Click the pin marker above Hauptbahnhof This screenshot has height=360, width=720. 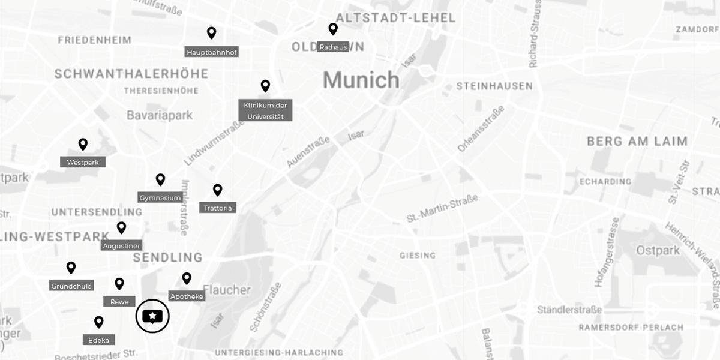[x=211, y=33]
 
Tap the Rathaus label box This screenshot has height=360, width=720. [x=333, y=47]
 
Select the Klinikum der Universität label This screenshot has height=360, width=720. [x=265, y=110]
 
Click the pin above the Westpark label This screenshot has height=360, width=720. [x=83, y=144]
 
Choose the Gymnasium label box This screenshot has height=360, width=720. [x=160, y=197]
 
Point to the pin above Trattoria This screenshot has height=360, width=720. [x=218, y=190]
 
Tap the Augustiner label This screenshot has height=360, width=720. [x=122, y=245]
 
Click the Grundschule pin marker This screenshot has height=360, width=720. [x=71, y=268]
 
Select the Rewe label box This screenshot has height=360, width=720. [x=119, y=302]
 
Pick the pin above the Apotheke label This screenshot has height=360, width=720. [x=187, y=278]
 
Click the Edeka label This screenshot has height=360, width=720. [x=98, y=340]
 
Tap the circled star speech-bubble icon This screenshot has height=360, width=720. [x=152, y=316]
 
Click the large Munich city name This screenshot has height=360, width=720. [x=361, y=80]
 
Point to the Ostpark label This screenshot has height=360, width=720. [x=658, y=250]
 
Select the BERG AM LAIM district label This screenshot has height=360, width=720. [x=637, y=142]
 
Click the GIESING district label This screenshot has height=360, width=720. [x=418, y=256]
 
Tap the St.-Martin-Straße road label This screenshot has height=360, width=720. [x=442, y=208]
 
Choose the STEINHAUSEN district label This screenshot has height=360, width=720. [x=494, y=86]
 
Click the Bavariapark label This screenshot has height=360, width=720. [x=160, y=115]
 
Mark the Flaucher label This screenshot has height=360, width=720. [x=227, y=290]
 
